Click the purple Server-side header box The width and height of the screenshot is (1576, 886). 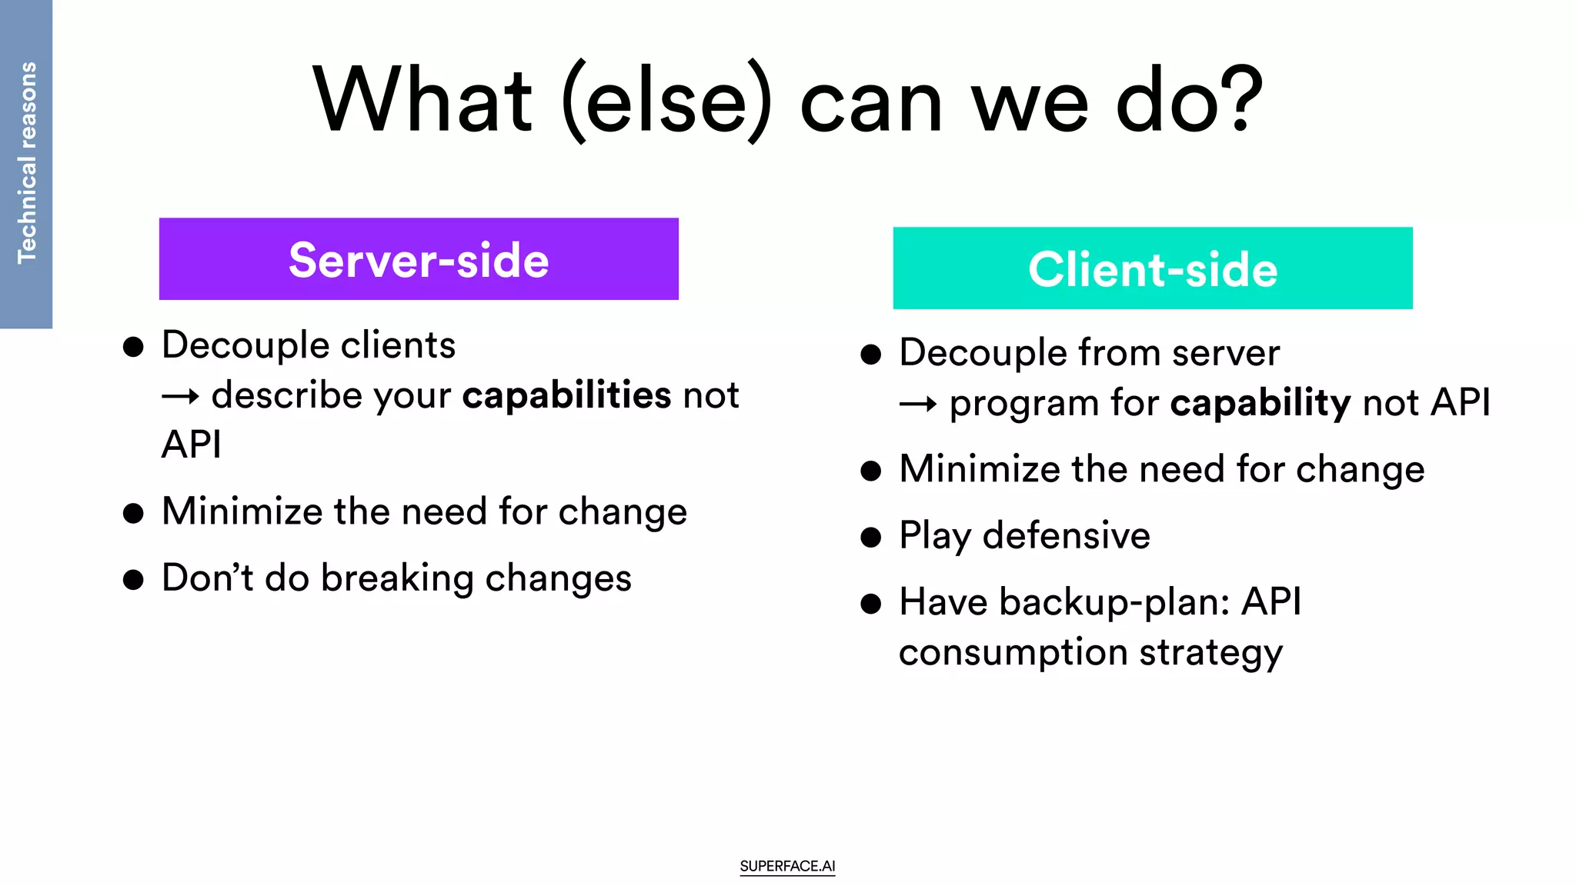(419, 259)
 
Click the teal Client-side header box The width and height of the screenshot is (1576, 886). (1152, 268)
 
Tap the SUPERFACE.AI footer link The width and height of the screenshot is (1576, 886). (787, 866)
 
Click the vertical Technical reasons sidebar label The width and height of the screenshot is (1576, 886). (26, 163)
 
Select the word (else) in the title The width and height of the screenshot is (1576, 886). (666, 102)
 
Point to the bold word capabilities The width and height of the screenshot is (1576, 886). (566, 395)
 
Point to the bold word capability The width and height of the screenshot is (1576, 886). (1260, 403)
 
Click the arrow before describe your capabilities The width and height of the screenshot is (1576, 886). (181, 397)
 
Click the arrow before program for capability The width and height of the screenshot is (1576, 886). (918, 405)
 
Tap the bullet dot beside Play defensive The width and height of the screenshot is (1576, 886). (870, 537)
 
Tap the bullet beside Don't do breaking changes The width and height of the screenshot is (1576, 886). (133, 580)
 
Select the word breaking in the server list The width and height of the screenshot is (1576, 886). (397, 578)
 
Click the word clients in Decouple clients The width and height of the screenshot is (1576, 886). (398, 345)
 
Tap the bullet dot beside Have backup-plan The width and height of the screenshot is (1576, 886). (870, 604)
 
